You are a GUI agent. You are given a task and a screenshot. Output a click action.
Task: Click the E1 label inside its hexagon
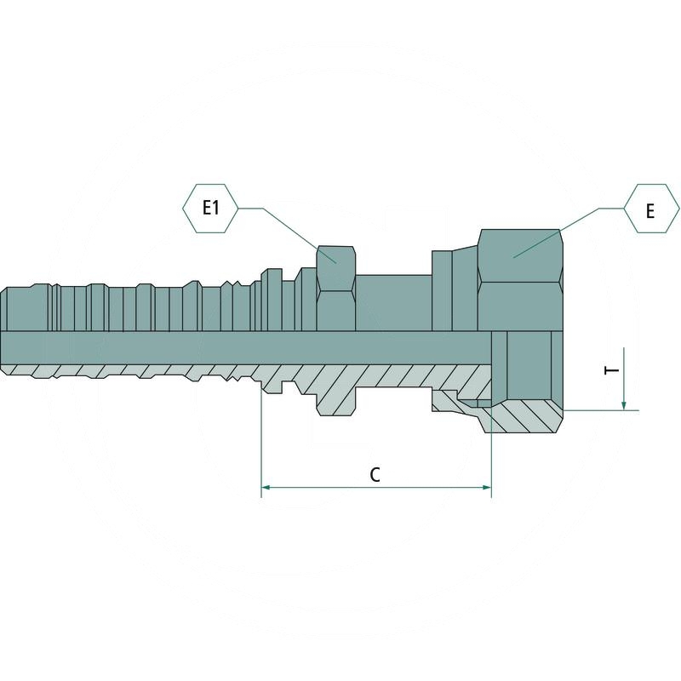click(210, 208)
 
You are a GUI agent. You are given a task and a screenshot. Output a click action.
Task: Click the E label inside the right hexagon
click(650, 211)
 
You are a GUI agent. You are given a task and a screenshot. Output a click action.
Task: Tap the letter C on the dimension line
click(375, 475)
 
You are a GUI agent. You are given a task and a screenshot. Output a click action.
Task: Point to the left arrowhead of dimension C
click(266, 487)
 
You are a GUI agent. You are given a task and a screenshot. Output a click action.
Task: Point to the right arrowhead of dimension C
click(486, 487)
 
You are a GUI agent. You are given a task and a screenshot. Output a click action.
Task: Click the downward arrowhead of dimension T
click(624, 405)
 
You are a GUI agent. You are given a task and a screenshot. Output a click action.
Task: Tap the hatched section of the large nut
click(524, 417)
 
